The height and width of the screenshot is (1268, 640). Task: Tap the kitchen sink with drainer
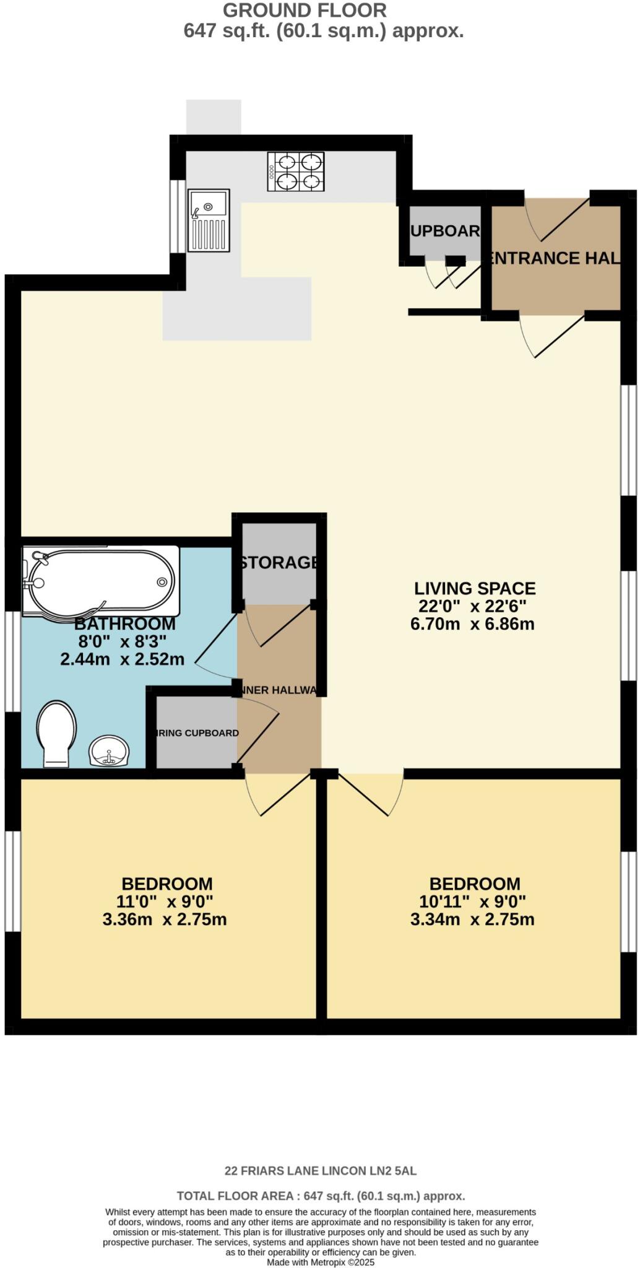click(209, 220)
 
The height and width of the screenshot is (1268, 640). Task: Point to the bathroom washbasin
click(110, 751)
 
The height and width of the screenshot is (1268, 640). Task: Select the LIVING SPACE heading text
click(474, 588)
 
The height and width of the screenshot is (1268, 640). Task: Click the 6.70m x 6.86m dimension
click(472, 623)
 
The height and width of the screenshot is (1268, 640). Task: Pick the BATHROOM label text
click(124, 623)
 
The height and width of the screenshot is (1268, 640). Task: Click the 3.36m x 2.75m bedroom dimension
click(165, 919)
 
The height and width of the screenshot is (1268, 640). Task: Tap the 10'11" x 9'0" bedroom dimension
click(472, 901)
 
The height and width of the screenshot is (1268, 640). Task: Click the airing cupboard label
click(197, 733)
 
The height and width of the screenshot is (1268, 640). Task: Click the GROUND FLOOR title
click(305, 11)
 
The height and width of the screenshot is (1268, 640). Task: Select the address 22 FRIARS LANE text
click(320, 1171)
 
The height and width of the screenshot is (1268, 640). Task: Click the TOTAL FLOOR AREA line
click(321, 1196)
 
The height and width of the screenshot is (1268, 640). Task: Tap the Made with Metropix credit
click(321, 1262)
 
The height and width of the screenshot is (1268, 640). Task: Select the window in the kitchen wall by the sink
click(178, 217)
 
